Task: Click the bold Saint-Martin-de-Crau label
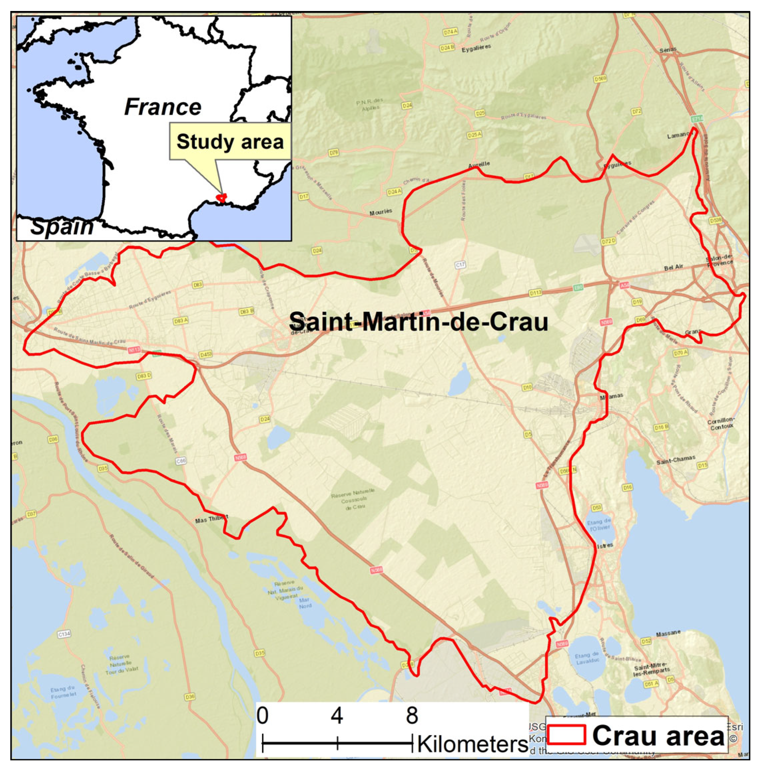[x=418, y=322]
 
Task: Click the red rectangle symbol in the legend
[x=566, y=735]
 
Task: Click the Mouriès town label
[x=380, y=212]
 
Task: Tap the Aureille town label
[x=479, y=164]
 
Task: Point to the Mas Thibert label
[x=211, y=519]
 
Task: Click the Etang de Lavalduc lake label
[x=587, y=658]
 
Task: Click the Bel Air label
[x=673, y=268]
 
